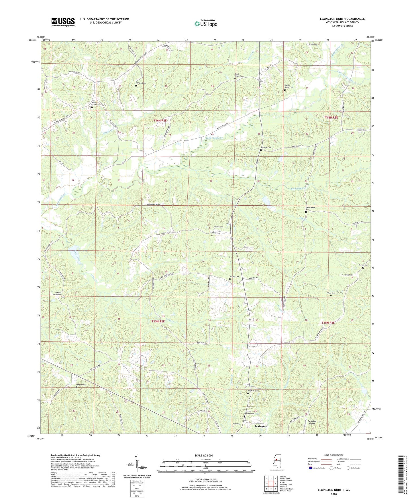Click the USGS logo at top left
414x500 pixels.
[63, 22]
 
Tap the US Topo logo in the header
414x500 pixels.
[206, 23]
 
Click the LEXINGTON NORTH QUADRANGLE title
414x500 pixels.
[342, 19]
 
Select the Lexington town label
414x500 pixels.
[261, 426]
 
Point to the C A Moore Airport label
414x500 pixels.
[313, 422]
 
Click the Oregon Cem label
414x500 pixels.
[81, 385]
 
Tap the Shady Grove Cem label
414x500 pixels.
[58, 294]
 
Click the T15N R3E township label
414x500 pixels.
[328, 323]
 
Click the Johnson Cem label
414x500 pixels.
[266, 147]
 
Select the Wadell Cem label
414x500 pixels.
[219, 227]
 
